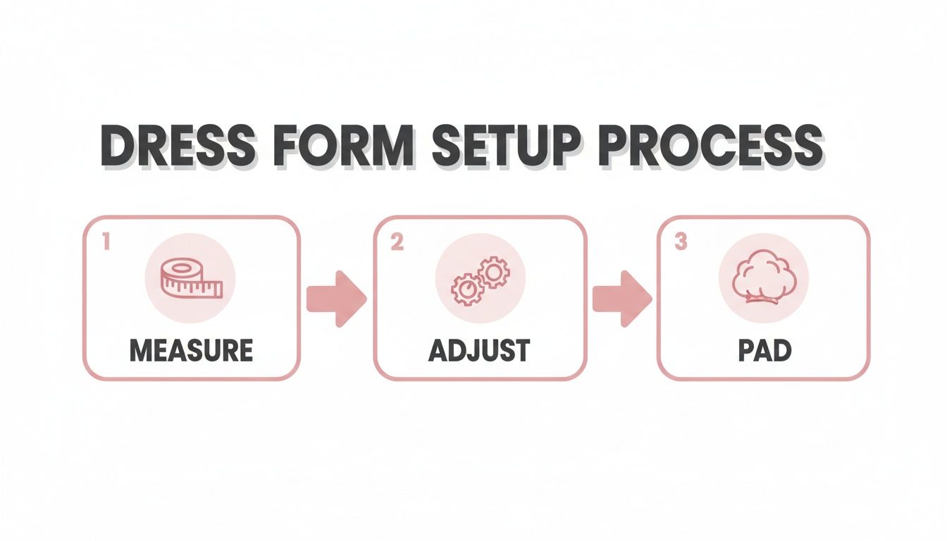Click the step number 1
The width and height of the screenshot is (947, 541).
tap(106, 242)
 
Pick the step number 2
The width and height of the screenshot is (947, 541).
tap(396, 242)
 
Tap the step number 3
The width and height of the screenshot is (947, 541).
tap(680, 242)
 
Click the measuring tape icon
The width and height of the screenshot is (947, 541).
tap(190, 278)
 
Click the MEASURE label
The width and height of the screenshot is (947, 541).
tap(191, 350)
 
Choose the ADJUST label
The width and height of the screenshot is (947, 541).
tap(479, 350)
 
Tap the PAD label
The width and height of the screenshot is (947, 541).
tap(764, 350)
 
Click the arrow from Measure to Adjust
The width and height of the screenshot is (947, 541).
tap(337, 299)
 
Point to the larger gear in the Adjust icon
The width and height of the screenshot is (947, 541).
tap(469, 289)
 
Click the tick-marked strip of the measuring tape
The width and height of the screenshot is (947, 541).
tap(204, 288)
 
